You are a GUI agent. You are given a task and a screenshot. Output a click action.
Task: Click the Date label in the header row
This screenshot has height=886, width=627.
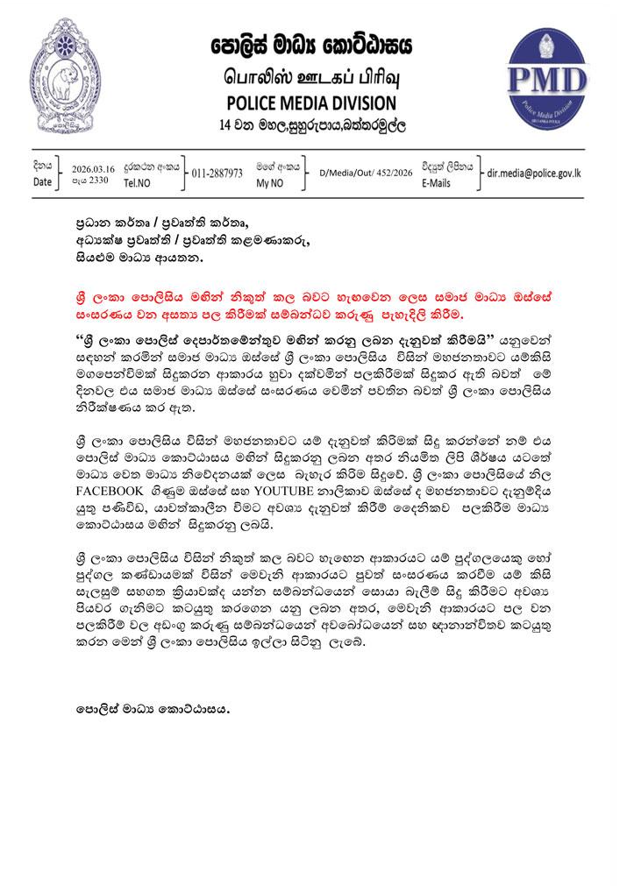43,182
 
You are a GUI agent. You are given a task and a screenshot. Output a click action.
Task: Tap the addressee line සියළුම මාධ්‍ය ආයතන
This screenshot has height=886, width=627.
139,258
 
